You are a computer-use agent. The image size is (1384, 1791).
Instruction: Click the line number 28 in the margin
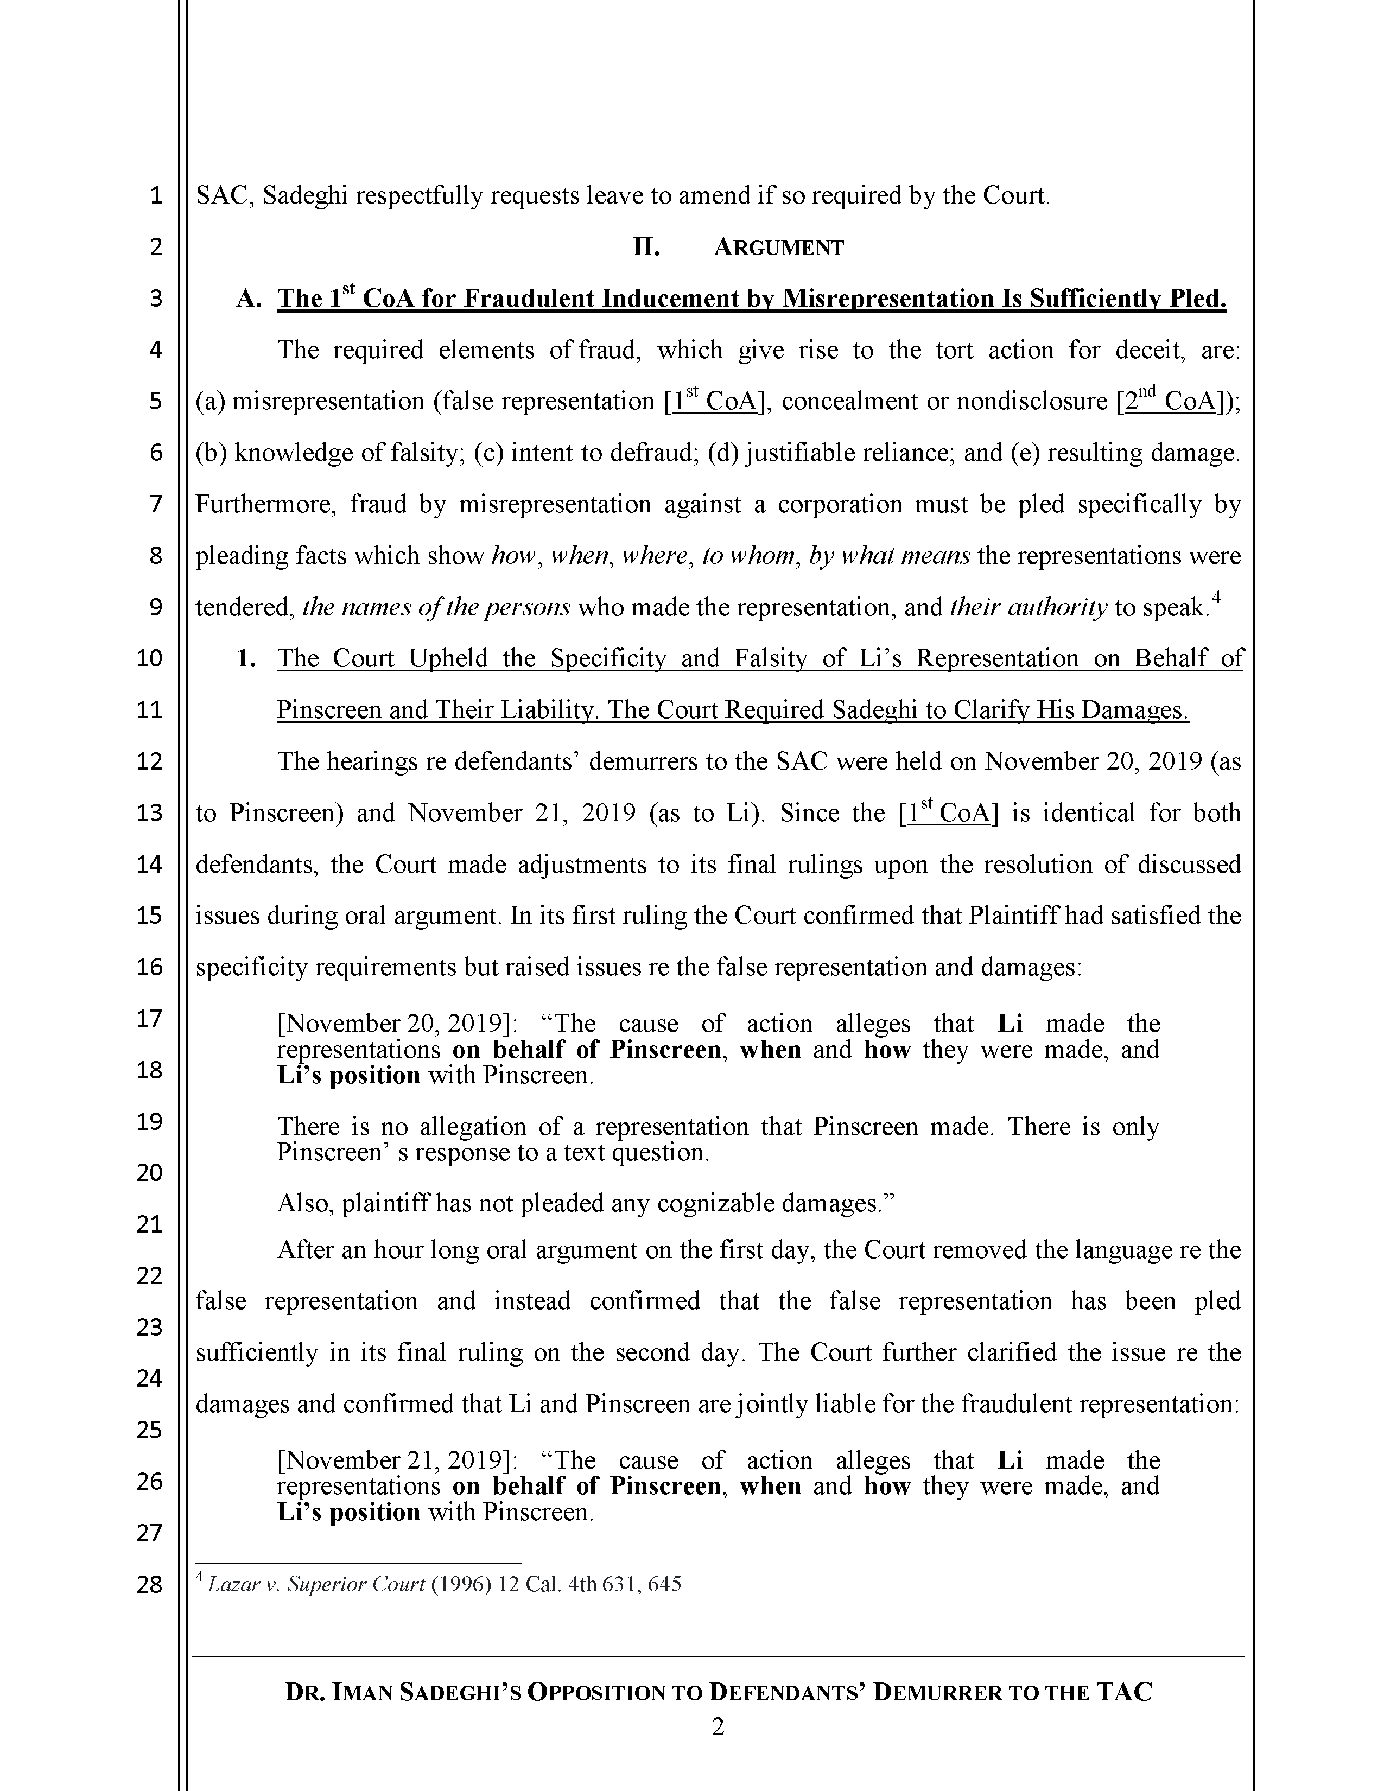pyautogui.click(x=149, y=1584)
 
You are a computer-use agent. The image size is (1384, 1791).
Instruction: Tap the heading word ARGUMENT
pyautogui.click(x=778, y=247)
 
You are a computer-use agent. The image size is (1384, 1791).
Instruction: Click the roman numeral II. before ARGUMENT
pyautogui.click(x=646, y=247)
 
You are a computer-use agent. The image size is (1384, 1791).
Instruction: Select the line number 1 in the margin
pyautogui.click(x=156, y=196)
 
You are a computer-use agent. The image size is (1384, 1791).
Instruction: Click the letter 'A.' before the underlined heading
pyautogui.click(x=249, y=300)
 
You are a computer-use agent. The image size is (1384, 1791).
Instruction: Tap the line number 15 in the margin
pyautogui.click(x=149, y=915)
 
